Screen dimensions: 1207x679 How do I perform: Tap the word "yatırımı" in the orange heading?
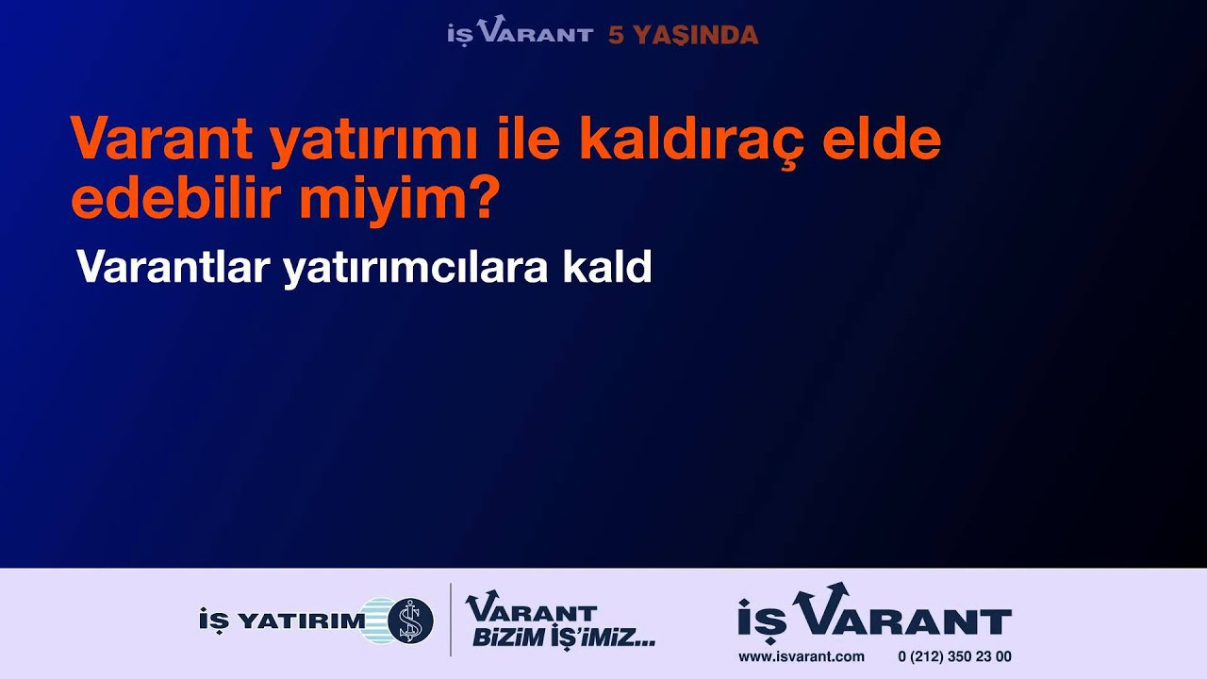click(x=374, y=142)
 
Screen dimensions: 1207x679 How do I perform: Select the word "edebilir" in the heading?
click(x=177, y=198)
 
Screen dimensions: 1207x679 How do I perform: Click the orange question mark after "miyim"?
click(x=478, y=197)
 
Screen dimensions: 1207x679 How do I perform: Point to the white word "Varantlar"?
click(x=173, y=266)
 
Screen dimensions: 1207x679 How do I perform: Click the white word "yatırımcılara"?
click(x=415, y=268)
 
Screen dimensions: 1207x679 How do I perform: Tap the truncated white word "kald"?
click(x=607, y=266)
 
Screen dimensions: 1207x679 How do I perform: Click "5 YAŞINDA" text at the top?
click(x=684, y=36)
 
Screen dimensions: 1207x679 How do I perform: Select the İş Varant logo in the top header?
click(x=520, y=30)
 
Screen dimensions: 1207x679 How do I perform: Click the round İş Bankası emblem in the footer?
click(x=410, y=621)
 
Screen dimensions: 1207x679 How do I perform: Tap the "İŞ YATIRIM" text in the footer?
click(x=282, y=621)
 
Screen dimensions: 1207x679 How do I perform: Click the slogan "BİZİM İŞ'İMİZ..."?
click(x=564, y=638)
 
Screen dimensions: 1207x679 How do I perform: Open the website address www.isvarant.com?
click(x=802, y=657)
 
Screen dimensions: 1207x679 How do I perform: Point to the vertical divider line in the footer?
click(x=451, y=620)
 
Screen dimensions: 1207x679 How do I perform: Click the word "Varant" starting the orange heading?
click(x=161, y=139)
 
